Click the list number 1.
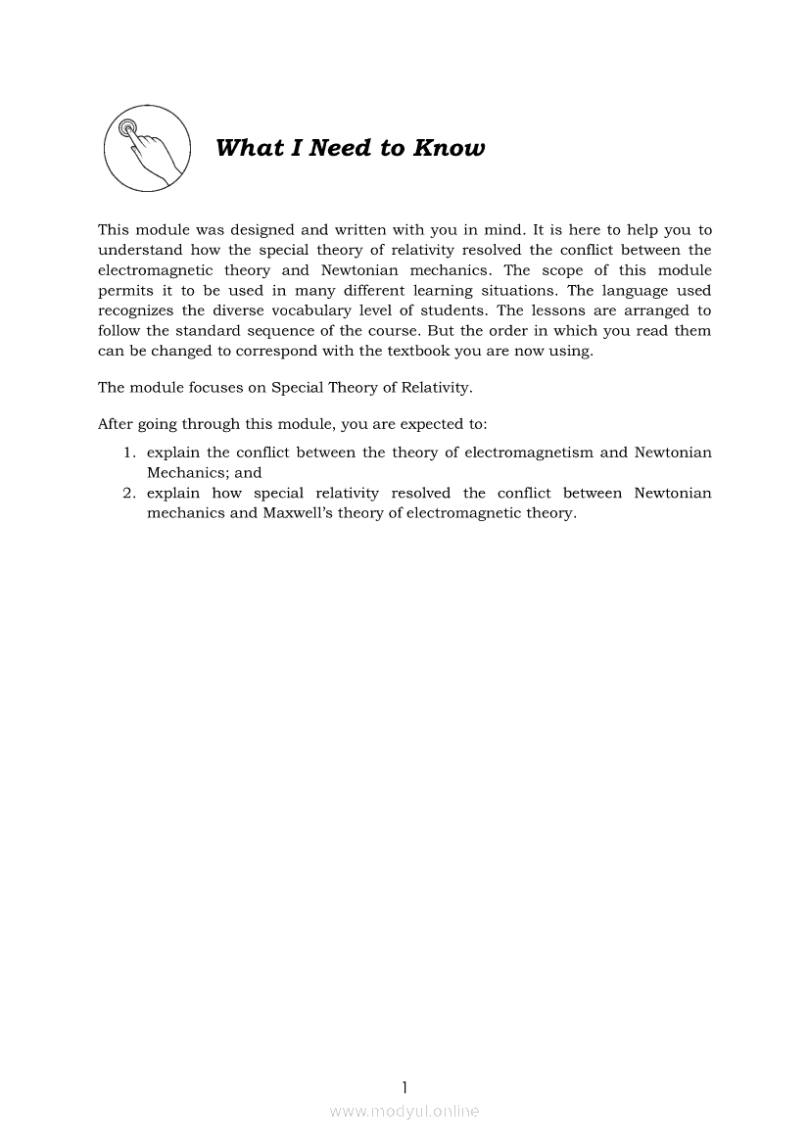[x=128, y=453]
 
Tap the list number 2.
[x=128, y=493]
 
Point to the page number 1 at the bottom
[x=404, y=1086]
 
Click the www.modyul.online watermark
[x=404, y=1112]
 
